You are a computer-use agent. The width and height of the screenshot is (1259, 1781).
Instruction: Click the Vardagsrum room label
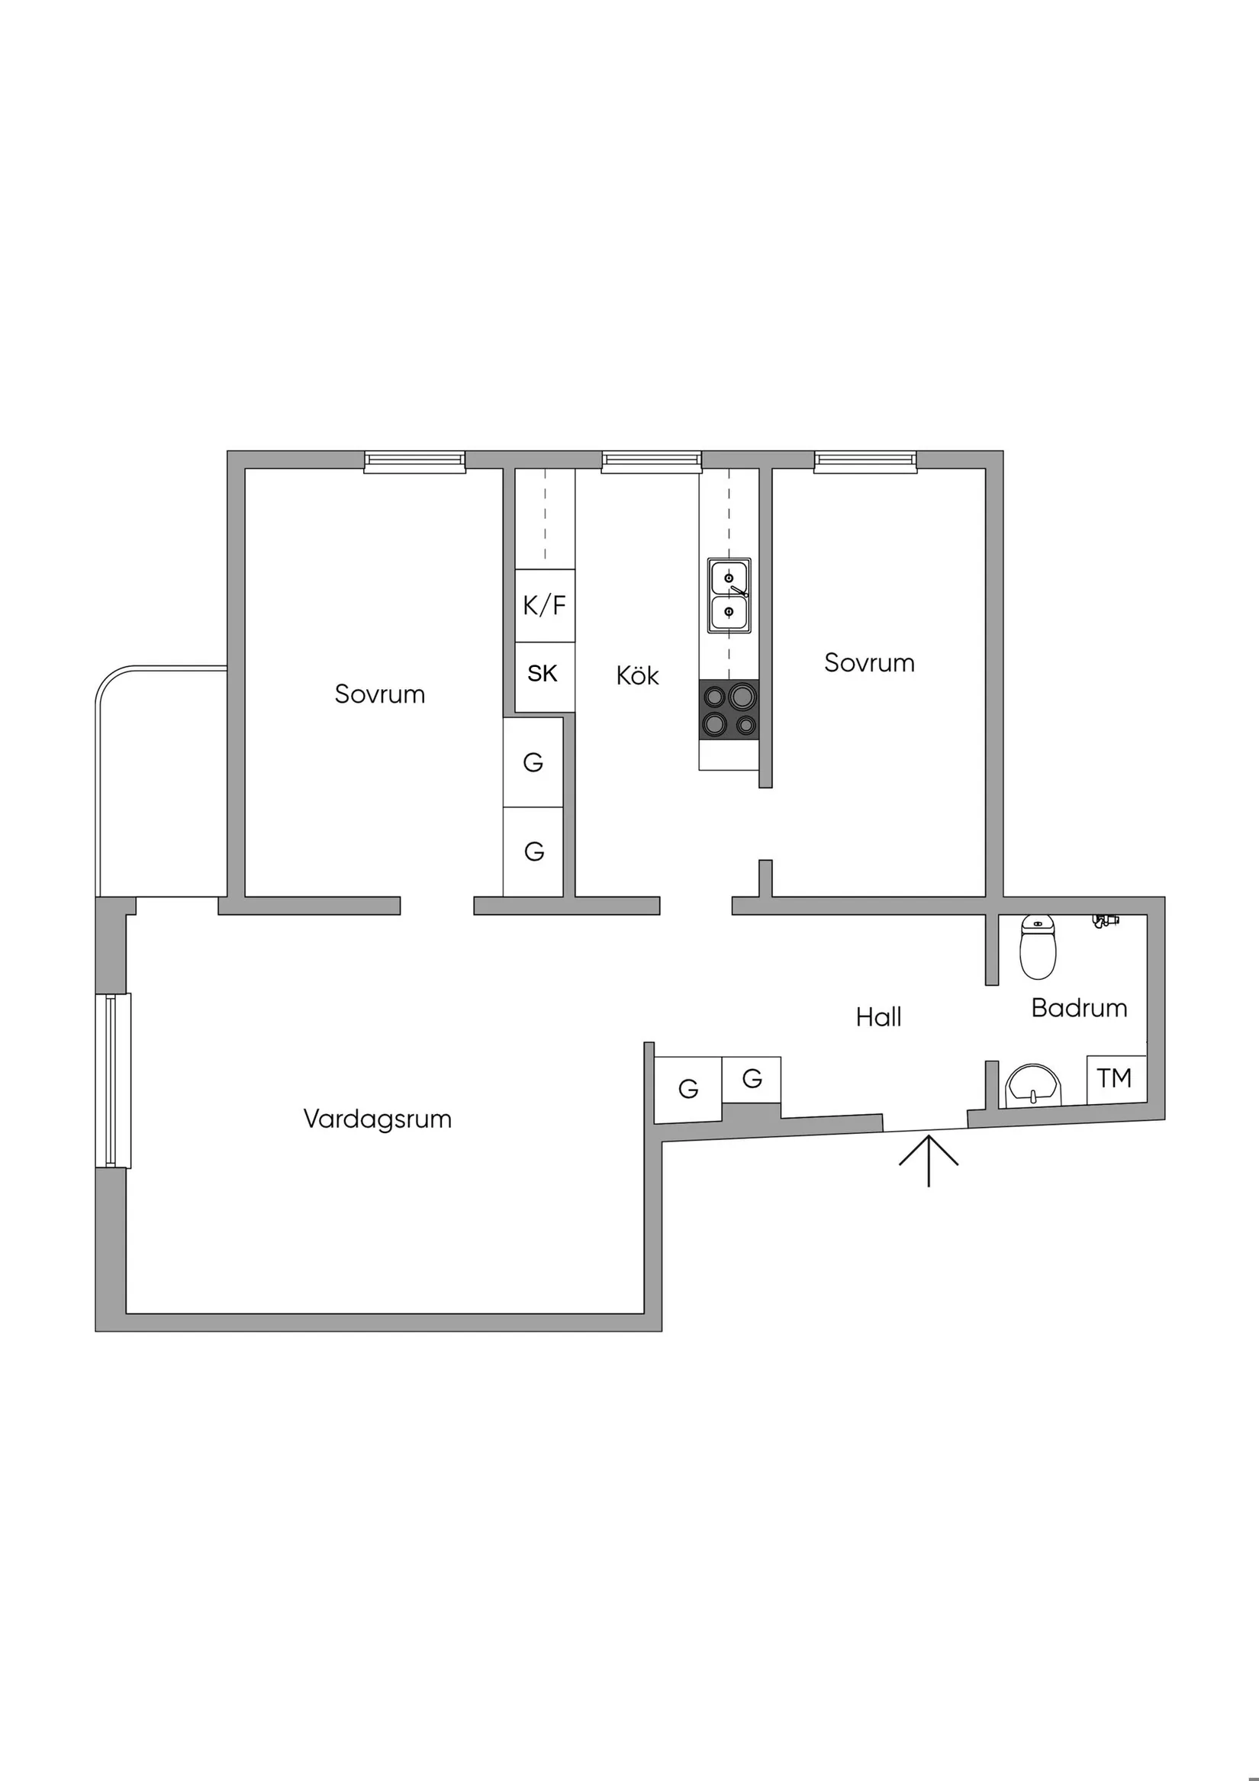pos(377,1119)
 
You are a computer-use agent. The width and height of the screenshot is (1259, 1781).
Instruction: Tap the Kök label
pos(638,675)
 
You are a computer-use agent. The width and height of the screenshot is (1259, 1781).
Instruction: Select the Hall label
pos(878,1017)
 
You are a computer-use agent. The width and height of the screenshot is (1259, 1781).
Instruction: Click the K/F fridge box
pos(545,605)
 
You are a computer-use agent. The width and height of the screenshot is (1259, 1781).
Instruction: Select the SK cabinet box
pos(543,674)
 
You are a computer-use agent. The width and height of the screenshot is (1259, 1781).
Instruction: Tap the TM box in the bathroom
pos(1115,1078)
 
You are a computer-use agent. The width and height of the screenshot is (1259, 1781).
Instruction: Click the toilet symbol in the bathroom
pos(1037,947)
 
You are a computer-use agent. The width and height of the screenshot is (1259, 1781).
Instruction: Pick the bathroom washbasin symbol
pos(1032,1085)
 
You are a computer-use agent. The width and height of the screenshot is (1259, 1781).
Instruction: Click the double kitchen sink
pos(729,595)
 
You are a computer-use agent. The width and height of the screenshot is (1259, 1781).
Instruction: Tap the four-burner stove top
pos(729,710)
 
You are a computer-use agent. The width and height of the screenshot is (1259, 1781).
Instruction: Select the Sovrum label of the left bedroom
pos(379,694)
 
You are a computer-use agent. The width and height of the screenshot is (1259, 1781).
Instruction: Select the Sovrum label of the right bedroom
pos(869,662)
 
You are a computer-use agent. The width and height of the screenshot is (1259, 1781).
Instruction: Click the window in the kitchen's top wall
pos(652,462)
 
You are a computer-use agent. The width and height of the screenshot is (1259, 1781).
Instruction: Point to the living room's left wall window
pos(113,1081)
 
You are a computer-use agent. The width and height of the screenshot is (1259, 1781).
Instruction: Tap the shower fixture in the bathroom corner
pos(1106,921)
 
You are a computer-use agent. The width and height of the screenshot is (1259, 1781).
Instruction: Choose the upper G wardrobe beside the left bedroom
pos(533,762)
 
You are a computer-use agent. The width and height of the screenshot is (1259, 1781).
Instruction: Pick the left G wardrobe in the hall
pos(687,1089)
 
